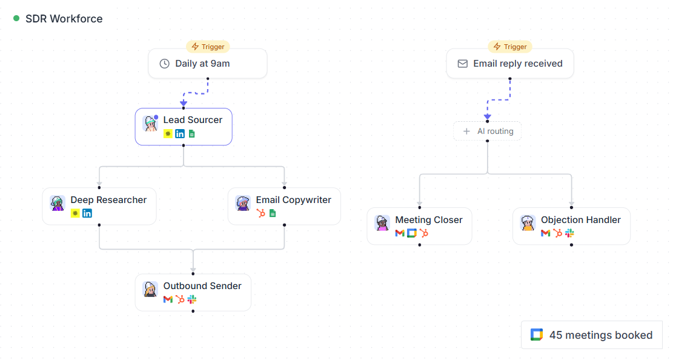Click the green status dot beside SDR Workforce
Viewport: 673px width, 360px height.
(16, 18)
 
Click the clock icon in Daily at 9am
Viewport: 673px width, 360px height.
(164, 64)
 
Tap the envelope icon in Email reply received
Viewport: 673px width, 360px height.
(462, 64)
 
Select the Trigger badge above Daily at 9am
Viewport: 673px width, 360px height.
(208, 47)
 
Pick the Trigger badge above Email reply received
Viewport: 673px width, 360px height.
(510, 47)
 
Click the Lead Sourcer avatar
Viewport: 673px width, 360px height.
(150, 123)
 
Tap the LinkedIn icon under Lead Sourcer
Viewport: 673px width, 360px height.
(180, 134)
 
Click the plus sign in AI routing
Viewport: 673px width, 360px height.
(466, 132)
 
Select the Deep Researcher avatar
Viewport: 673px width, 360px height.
(58, 203)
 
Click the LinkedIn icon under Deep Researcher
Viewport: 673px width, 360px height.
(87, 213)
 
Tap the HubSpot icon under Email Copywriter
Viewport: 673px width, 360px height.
(260, 213)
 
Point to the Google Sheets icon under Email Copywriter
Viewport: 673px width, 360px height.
(273, 213)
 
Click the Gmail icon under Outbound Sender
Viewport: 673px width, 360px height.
(168, 299)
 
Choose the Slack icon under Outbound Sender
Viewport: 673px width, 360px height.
(192, 299)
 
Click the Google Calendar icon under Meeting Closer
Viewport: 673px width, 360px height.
(411, 233)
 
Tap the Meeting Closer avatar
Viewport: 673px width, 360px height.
(382, 224)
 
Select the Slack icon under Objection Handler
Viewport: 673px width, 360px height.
(569, 233)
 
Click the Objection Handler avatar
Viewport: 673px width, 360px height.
(528, 224)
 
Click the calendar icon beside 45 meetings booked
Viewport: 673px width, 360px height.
(537, 335)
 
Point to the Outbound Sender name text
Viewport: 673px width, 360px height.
(202, 286)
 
